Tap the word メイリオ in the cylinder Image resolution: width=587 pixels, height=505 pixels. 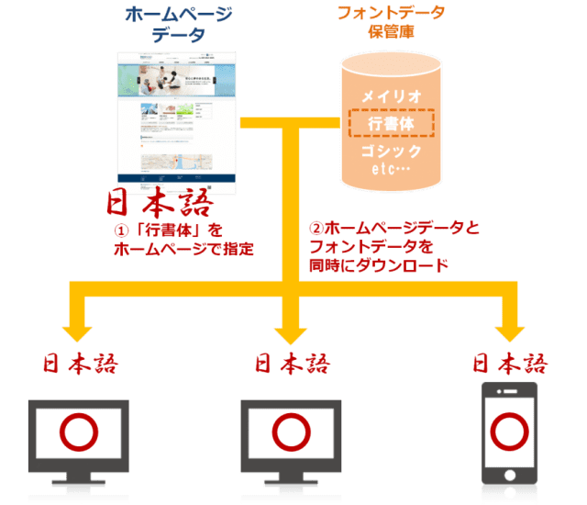392,95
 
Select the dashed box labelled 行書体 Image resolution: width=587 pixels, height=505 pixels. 392,123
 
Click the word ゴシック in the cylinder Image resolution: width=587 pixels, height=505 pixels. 392,151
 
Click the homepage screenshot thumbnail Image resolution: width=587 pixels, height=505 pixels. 177,118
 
